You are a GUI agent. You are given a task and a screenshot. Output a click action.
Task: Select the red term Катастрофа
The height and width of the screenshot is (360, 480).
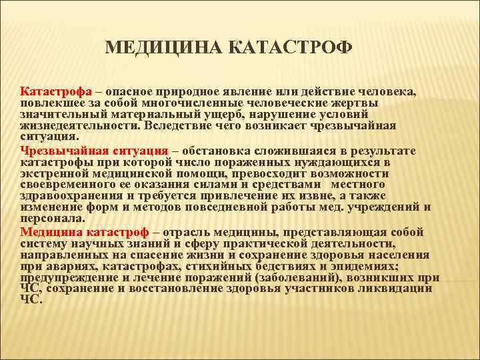[51, 91]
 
